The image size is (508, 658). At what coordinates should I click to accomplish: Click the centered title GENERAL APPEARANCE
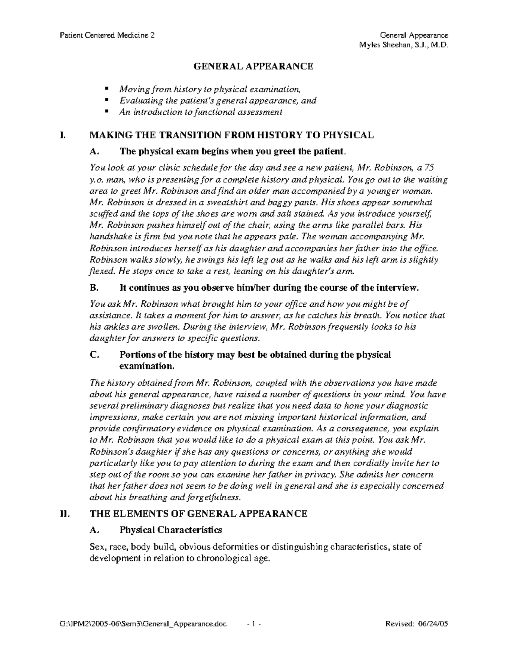254,66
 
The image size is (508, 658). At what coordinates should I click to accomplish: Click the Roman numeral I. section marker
63,136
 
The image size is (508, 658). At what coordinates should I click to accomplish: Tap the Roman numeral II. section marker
64,514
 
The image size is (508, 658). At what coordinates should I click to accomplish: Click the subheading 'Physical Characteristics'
171,530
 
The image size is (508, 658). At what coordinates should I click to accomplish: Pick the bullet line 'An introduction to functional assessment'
201,112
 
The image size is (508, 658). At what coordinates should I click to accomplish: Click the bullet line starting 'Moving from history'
210,89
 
